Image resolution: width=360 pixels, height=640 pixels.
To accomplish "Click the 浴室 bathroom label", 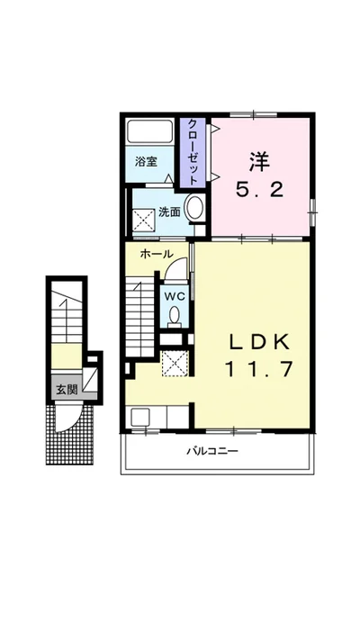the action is tap(146, 162).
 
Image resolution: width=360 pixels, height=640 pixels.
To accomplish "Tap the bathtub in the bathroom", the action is tap(149, 131).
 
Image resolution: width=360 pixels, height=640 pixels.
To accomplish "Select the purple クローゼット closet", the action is tap(193, 152).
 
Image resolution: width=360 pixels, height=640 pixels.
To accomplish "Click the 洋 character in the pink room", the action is tap(259, 162).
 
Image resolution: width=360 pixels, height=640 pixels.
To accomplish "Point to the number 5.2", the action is tap(259, 189).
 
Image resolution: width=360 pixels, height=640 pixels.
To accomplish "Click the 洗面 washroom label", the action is tap(169, 212).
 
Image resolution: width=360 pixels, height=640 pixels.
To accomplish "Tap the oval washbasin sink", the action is tap(194, 207).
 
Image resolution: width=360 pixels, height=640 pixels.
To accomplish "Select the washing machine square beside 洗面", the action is tap(145, 221).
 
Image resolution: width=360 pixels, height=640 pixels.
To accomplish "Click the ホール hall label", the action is tap(157, 254).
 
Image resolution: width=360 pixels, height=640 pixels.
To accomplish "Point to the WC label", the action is tap(175, 296).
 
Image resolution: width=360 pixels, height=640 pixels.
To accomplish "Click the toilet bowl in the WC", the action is tap(175, 316).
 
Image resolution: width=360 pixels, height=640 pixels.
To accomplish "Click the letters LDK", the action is tap(259, 342).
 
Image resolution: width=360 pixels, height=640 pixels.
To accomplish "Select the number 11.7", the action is tap(259, 369).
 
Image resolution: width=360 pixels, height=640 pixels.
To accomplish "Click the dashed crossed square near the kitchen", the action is tap(175, 364).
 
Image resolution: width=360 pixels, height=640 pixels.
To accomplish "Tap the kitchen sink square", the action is tap(140, 418).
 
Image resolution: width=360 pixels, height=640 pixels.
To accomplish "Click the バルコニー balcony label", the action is tap(212, 451).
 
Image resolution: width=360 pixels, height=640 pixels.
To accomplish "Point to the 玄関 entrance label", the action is tap(67, 390).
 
